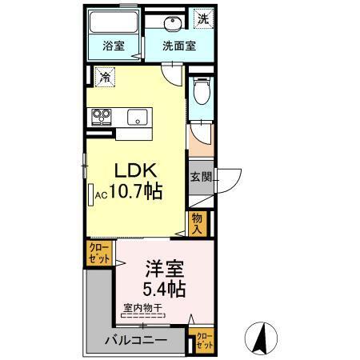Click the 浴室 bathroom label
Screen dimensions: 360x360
click(x=112, y=46)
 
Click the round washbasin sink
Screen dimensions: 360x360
click(x=171, y=22)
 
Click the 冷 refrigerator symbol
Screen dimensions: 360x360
click(x=104, y=78)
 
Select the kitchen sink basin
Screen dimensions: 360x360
click(x=138, y=117)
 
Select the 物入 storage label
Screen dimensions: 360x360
click(x=198, y=222)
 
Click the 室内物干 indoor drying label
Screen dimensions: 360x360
click(x=143, y=307)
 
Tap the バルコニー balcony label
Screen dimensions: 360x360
click(x=136, y=341)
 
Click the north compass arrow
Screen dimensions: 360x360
click(x=262, y=336)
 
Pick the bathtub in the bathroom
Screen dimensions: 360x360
click(x=114, y=22)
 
